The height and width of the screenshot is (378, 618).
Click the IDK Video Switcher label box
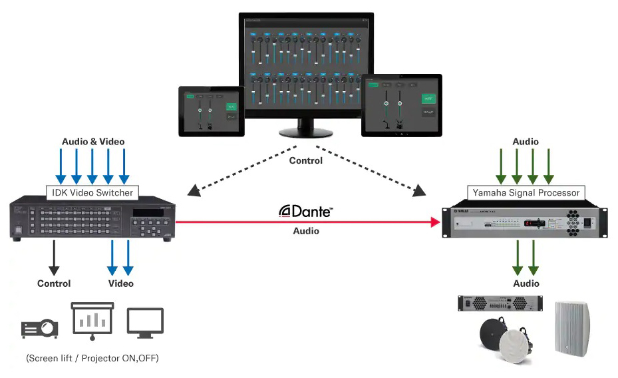coord(92,193)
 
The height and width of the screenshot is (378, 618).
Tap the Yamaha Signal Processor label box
coord(526,193)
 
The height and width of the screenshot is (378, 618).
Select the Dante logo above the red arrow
coord(306,211)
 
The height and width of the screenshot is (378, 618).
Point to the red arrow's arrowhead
coord(436,224)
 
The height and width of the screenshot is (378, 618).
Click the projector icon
coord(39,328)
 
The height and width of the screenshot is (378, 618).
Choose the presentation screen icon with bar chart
coord(92,322)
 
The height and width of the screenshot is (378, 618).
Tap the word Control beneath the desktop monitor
coord(306,160)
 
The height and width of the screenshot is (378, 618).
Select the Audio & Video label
coord(93,141)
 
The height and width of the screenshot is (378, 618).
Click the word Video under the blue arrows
coord(120,283)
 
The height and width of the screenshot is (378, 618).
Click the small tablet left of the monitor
coord(211,111)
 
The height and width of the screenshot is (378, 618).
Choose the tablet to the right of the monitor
coord(402,105)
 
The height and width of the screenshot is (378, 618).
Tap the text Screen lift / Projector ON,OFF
coord(92,358)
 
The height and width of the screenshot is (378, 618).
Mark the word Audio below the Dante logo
coord(306,231)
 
